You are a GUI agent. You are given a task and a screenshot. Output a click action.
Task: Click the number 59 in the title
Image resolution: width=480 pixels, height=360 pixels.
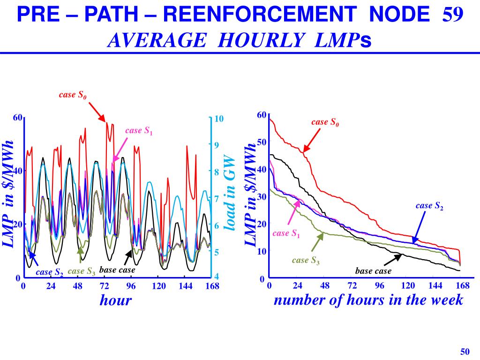(453, 16)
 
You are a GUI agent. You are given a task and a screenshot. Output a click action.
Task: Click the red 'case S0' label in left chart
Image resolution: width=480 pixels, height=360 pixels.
(73, 95)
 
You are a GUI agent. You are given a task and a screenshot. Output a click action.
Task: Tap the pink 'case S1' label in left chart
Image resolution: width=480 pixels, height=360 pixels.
(139, 131)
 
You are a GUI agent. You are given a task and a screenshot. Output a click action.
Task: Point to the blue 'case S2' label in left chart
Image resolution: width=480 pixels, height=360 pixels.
(50, 272)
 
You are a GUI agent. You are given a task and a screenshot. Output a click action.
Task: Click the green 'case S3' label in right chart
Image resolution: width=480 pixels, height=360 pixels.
(306, 261)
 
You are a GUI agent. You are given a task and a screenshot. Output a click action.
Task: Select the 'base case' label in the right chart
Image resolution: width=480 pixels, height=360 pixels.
(373, 271)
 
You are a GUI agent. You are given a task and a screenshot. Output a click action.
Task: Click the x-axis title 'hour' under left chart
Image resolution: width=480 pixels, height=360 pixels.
(116, 300)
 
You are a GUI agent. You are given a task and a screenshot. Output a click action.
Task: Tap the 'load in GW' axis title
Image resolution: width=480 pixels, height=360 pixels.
(229, 192)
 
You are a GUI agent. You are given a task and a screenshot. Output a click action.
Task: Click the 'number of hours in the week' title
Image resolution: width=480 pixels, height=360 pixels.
(368, 300)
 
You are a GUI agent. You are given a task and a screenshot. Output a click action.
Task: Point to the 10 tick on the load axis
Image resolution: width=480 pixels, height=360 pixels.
(219, 119)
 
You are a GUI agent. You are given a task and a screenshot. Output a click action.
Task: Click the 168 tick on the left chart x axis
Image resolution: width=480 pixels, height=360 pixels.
(212, 285)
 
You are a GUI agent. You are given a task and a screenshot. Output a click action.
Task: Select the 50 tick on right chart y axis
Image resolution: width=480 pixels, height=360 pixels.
(261, 142)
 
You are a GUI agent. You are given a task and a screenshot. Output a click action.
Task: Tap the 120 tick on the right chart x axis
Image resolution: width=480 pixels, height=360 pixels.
(408, 285)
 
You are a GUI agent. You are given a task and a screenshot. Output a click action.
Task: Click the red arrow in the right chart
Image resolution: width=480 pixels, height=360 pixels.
(312, 139)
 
